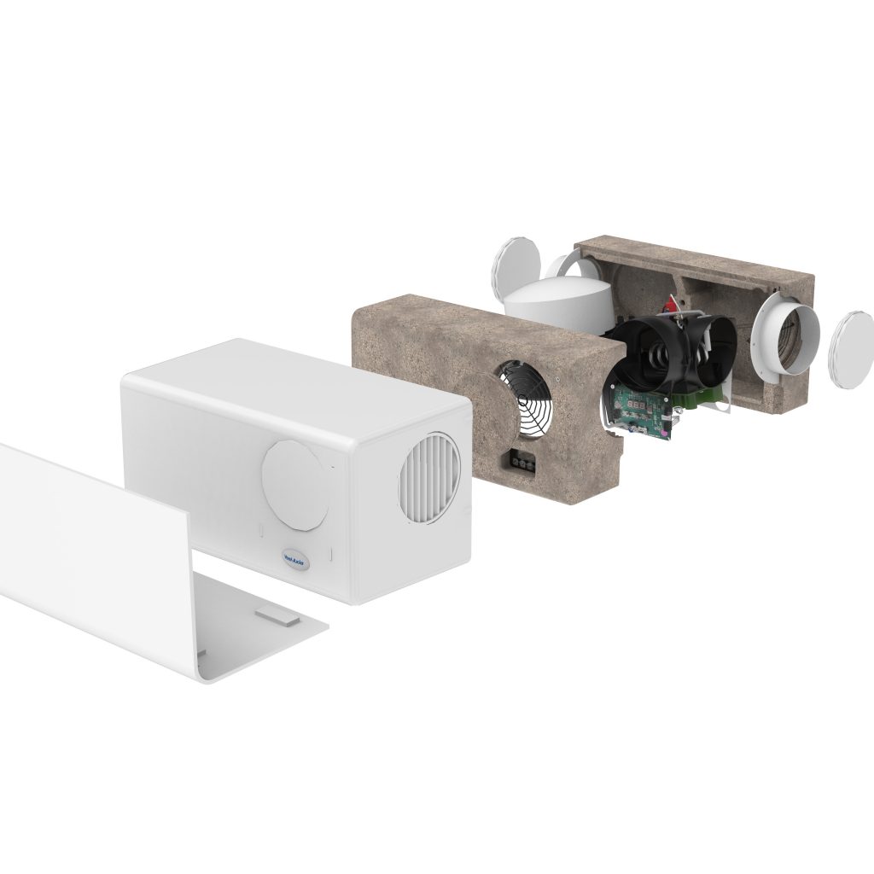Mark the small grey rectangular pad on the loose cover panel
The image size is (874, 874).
(277, 611)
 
